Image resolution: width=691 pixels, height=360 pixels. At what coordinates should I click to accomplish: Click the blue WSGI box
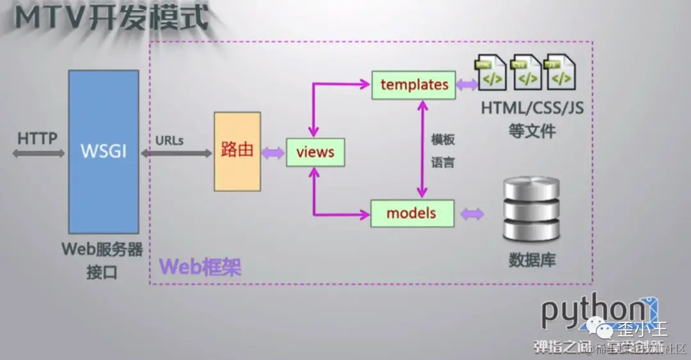coord(103,152)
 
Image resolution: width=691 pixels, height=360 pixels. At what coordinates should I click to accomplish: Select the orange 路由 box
coord(237,152)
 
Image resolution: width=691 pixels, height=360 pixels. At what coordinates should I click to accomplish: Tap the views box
coord(315,152)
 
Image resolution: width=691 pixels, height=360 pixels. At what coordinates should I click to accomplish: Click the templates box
coord(413,84)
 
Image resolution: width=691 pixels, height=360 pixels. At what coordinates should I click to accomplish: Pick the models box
coord(412,213)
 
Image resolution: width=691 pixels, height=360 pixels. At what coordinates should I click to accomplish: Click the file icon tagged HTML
coord(491,72)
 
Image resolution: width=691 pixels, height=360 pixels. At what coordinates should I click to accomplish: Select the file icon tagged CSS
coord(527,72)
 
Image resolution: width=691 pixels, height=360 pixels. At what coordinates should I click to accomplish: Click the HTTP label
coord(37,138)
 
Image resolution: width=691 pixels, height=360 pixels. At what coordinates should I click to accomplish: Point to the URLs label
coord(170,140)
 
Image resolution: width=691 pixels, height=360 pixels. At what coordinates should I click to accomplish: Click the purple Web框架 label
coord(200,266)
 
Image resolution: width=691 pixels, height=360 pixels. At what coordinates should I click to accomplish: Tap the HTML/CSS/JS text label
coord(532,107)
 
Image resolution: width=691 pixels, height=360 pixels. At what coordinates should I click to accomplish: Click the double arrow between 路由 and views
coord(273,153)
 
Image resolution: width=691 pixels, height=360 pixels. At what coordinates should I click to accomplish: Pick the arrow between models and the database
coord(472,214)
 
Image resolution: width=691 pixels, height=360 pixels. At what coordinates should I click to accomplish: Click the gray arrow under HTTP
coord(38,153)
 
